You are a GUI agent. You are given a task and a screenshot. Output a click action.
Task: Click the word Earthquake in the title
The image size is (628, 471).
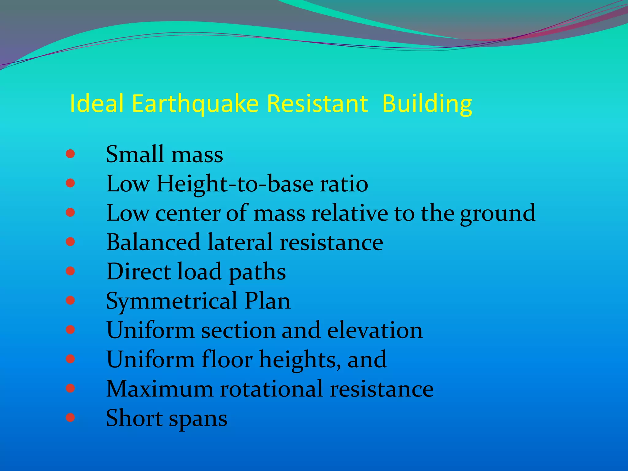[196, 104]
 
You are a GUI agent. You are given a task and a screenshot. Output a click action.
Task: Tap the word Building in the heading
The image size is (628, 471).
[427, 104]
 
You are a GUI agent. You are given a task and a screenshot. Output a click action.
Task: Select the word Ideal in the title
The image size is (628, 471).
[97, 104]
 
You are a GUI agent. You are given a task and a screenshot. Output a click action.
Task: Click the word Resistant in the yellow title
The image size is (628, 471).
[317, 104]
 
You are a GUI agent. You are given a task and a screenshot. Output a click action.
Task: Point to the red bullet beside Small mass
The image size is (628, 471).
[70, 154]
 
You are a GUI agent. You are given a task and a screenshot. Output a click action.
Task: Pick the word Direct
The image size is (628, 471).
[139, 271]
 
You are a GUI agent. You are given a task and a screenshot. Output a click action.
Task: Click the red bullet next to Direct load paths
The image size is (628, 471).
[70, 271]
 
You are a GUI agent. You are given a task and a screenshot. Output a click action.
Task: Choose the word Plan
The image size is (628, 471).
[267, 301]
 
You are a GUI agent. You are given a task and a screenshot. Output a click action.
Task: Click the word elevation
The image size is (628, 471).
[375, 330]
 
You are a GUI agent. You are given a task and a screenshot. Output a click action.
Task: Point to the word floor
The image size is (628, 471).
[227, 359]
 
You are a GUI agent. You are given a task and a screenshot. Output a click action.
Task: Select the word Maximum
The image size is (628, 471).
[159, 389]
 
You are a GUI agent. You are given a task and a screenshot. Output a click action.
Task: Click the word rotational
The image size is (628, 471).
[272, 389]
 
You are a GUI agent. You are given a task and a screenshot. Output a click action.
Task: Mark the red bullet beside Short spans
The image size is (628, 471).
[70, 417]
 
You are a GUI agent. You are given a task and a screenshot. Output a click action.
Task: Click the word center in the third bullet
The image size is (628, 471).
[188, 213]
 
